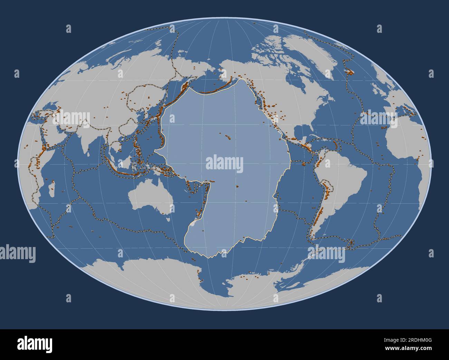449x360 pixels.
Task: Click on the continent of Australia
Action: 150,197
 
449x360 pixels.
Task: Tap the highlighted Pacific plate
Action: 224,193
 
